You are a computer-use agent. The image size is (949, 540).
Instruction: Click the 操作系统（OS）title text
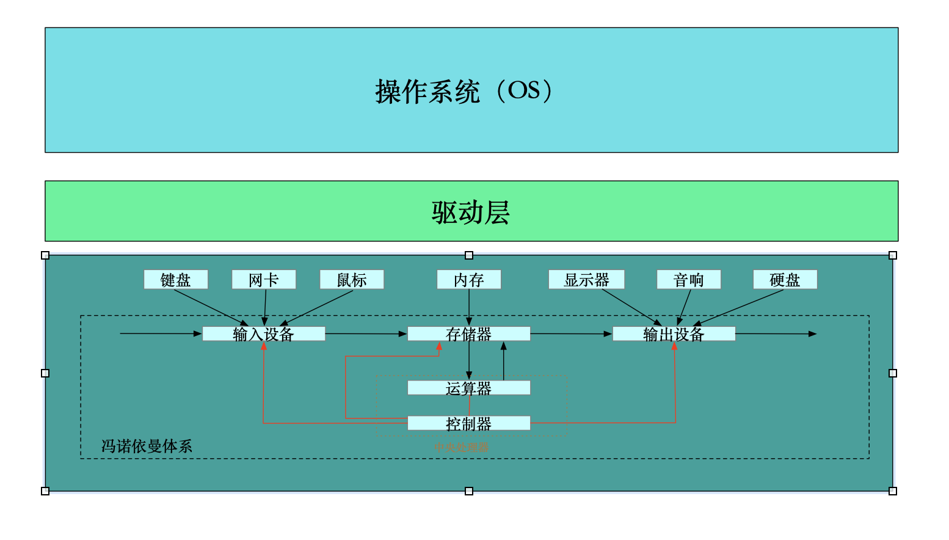tap(464, 92)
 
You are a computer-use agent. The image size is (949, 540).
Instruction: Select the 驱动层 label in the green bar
tap(470, 213)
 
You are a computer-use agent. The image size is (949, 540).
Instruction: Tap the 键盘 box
tap(176, 280)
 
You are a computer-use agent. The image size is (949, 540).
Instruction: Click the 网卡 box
tap(264, 280)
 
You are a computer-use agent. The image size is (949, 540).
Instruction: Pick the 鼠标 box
tap(352, 280)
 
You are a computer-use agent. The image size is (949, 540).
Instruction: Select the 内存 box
tap(469, 280)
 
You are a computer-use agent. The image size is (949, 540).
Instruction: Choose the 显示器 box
tap(586, 280)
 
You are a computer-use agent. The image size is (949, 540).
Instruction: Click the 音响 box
tap(689, 280)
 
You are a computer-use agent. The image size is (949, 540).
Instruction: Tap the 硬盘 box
tap(785, 280)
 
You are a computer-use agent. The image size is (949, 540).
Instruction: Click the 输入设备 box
tap(264, 334)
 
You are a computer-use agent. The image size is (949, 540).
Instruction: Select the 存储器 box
tap(469, 334)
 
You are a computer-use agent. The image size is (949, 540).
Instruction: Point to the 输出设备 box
tap(674, 334)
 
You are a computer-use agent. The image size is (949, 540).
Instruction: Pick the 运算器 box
tap(469, 388)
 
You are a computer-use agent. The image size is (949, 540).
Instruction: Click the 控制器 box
tap(469, 423)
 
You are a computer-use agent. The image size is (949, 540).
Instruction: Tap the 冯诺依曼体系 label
tap(147, 446)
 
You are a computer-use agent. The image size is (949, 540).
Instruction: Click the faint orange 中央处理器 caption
tap(461, 447)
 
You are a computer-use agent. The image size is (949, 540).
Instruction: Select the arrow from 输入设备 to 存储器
tap(366, 334)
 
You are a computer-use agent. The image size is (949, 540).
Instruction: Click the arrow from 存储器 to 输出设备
tap(571, 334)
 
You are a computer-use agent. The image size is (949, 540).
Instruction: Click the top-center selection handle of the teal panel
tap(469, 255)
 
